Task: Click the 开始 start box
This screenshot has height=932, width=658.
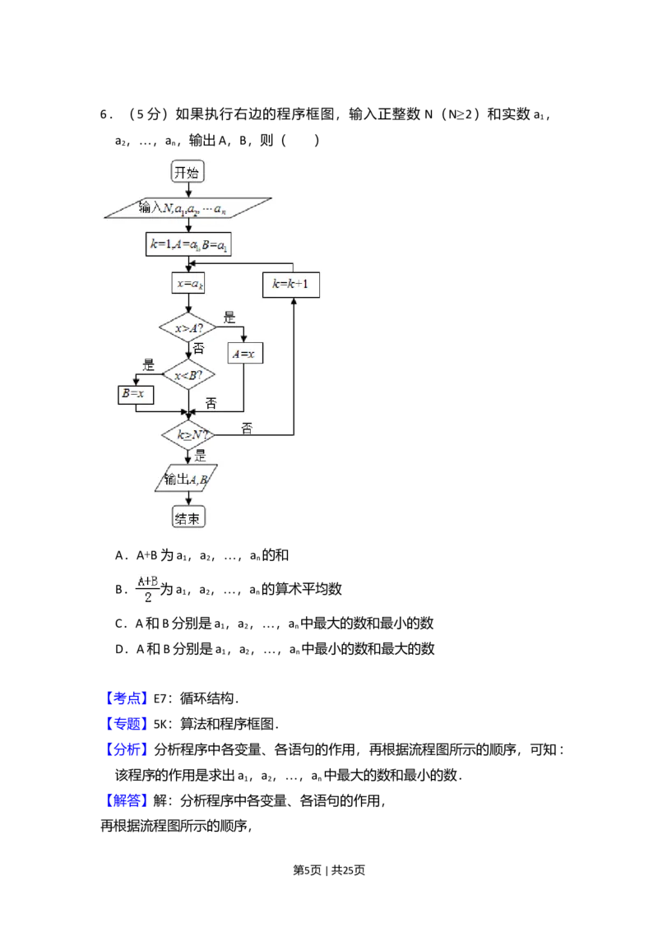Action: pyautogui.click(x=188, y=172)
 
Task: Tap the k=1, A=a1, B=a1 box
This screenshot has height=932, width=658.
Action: pyautogui.click(x=188, y=244)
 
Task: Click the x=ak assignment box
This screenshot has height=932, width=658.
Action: pyautogui.click(x=188, y=284)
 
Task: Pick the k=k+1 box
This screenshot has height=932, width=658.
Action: pyautogui.click(x=292, y=285)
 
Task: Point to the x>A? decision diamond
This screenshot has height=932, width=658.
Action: pyautogui.click(x=188, y=328)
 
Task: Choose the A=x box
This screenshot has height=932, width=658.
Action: pyautogui.click(x=244, y=353)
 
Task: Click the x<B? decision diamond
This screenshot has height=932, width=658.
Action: pyautogui.click(x=188, y=376)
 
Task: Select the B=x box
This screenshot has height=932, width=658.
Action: pyautogui.click(x=136, y=394)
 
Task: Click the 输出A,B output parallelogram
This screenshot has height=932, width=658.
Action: pyautogui.click(x=187, y=479)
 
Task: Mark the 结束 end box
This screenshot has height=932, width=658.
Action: pyautogui.click(x=188, y=517)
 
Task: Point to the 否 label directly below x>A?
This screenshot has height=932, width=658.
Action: pyautogui.click(x=198, y=349)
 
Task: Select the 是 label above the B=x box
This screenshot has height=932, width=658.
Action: pyautogui.click(x=149, y=365)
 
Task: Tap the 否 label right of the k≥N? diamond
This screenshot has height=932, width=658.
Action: pyautogui.click(x=247, y=428)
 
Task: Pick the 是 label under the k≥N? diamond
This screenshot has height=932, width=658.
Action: pyautogui.click(x=200, y=456)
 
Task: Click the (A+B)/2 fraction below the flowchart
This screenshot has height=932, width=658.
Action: pyautogui.click(x=148, y=590)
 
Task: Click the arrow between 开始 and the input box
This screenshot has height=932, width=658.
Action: pyautogui.click(x=188, y=189)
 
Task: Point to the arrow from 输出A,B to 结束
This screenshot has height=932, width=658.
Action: pyautogui.click(x=188, y=499)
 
